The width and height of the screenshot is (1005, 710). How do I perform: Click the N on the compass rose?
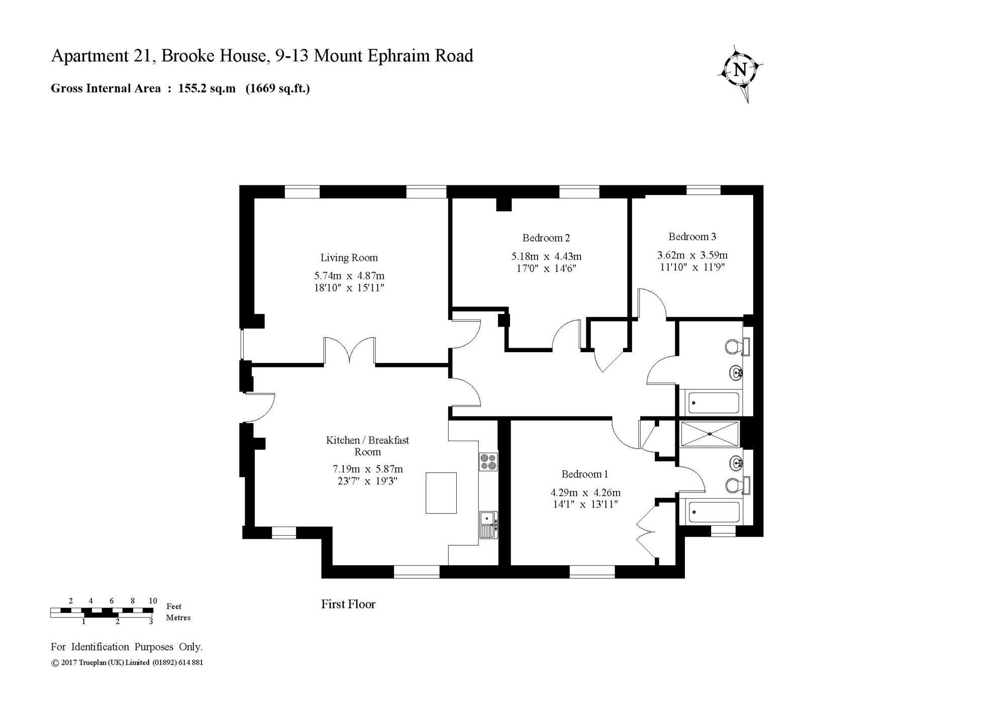tap(740, 69)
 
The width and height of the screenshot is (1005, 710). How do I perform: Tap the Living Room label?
tap(349, 258)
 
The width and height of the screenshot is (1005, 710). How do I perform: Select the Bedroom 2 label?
tap(546, 238)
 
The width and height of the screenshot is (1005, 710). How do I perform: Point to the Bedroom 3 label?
tap(692, 236)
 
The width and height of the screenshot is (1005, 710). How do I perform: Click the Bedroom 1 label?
tap(585, 474)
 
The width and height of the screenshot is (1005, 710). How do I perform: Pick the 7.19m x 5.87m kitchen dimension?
tap(368, 469)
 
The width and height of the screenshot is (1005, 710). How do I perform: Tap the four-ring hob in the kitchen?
tap(488, 462)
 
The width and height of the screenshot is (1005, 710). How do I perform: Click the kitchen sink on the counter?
tap(488, 525)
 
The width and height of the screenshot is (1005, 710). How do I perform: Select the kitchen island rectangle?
tap(441, 493)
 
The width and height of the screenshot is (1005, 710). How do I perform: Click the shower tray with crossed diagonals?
tap(709, 434)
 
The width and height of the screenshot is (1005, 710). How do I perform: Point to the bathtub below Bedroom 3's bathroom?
tap(714, 402)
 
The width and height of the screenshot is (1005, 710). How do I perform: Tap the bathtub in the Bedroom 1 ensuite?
tap(714, 512)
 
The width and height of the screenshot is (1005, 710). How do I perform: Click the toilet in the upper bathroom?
tap(737, 346)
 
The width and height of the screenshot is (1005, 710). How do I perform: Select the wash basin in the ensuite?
tap(737, 463)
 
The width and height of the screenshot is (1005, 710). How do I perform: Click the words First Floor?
tap(348, 604)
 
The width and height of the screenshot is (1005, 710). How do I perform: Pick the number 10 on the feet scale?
tap(153, 600)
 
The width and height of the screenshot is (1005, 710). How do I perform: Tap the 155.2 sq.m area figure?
tap(207, 88)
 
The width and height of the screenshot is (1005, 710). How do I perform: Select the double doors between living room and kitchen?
tap(350, 351)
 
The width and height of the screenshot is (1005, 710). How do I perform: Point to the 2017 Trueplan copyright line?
tap(127, 662)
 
